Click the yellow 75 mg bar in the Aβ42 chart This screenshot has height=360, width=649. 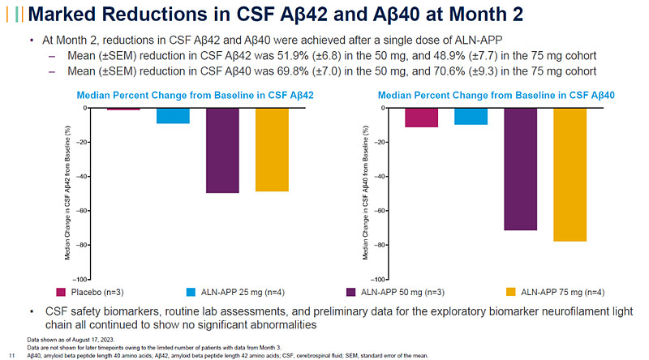(272, 150)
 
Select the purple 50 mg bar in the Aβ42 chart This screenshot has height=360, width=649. (222, 151)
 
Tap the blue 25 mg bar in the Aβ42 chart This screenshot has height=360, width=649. (173, 116)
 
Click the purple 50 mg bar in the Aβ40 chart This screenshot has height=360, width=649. (520, 169)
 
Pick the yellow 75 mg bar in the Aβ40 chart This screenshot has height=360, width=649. (569, 174)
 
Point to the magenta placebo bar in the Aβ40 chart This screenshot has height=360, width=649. (421, 118)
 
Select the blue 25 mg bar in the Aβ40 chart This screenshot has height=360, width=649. (471, 117)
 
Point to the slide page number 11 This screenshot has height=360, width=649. (12, 354)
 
